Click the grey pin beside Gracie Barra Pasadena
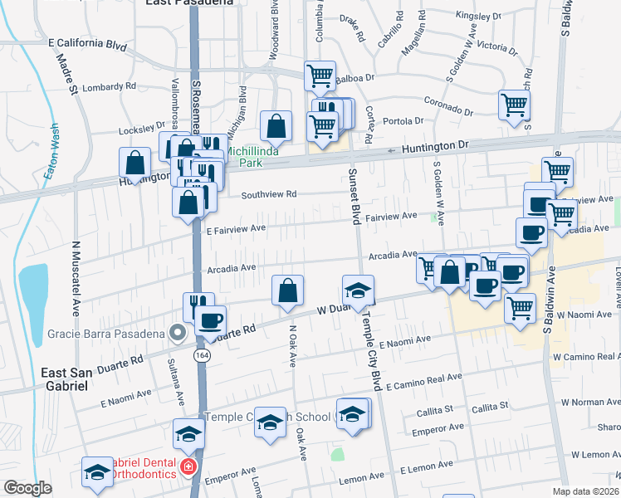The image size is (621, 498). pos(176,333)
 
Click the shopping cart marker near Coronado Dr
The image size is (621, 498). pos(515,105)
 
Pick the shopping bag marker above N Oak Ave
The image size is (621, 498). pos(287,290)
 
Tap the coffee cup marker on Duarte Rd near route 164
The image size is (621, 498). pos(211,320)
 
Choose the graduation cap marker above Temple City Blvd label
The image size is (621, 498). pos(358,290)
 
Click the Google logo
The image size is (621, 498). pos(27,488)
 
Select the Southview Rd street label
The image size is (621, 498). pos(269,194)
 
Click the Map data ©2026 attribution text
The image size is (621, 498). pos(586,491)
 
